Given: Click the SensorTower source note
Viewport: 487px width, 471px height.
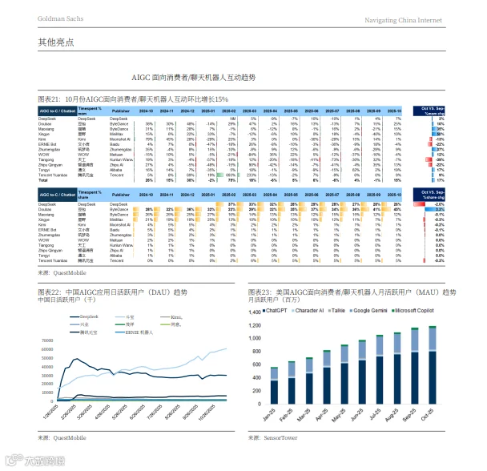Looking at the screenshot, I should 272,438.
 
